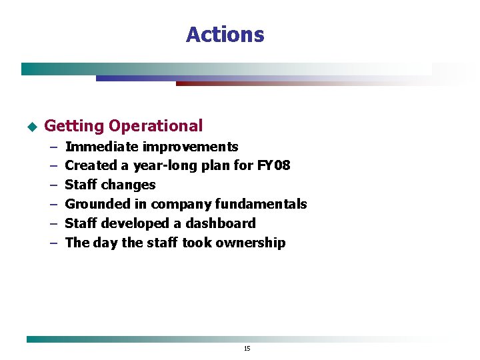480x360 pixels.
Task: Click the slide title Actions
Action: point(225,35)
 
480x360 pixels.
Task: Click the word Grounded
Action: point(97,204)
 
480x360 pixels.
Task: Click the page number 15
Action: point(247,348)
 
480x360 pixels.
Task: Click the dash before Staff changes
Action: point(53,185)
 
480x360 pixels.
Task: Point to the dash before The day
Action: point(53,243)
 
